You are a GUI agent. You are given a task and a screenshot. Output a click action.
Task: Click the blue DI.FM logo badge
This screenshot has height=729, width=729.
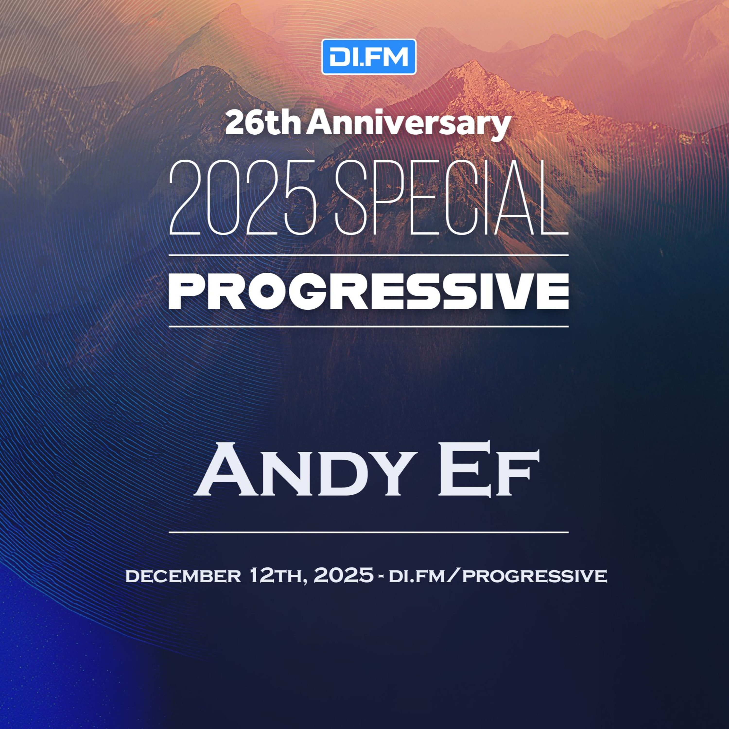369,57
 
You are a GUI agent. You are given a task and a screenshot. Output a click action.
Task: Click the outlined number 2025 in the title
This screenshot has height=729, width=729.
242,197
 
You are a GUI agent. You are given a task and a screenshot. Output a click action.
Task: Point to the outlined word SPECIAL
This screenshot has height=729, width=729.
451,197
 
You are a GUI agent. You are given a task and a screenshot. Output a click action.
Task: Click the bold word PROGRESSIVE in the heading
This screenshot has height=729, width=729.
369,291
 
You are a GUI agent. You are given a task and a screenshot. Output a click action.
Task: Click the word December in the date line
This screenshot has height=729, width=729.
183,576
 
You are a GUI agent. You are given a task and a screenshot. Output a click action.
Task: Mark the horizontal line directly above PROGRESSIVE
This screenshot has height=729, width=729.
369,255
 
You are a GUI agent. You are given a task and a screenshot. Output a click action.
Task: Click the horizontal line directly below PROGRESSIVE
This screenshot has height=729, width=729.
369,326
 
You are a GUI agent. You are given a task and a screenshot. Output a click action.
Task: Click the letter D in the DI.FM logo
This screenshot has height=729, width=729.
338,57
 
